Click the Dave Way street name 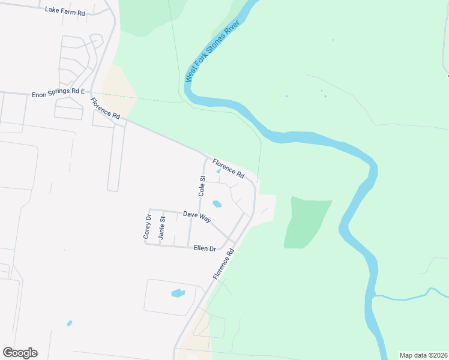(197, 217)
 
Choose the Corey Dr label (146, 226)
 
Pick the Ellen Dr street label (204, 248)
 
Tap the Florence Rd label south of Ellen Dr (221, 265)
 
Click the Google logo (20, 353)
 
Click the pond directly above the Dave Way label (217, 204)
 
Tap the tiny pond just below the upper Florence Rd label (218, 172)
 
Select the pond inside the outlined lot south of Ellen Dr (178, 293)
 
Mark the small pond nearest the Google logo (70, 323)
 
